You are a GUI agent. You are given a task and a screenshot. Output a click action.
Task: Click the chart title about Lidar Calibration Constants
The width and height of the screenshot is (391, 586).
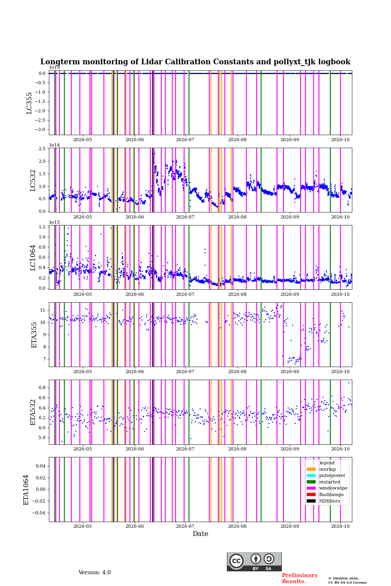click(195, 62)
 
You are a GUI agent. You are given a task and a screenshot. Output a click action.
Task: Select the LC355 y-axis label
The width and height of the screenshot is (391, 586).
click(29, 103)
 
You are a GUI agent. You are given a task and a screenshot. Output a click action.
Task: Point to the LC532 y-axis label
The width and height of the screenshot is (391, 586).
click(33, 181)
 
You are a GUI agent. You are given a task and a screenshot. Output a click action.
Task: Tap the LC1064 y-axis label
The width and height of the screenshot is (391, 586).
click(33, 258)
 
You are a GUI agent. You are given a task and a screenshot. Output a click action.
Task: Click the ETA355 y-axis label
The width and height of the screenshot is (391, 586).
click(34, 335)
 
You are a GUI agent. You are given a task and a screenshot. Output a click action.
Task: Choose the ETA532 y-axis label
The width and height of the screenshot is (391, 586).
click(33, 412)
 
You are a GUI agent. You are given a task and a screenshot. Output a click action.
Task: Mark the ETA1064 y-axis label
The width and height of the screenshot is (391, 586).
click(26, 490)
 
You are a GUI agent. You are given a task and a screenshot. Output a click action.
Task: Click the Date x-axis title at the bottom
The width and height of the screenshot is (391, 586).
click(200, 534)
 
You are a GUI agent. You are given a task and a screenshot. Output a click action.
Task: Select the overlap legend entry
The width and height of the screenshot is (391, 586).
click(321, 469)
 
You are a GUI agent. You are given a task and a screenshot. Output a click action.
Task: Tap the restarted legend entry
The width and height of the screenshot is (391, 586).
click(323, 482)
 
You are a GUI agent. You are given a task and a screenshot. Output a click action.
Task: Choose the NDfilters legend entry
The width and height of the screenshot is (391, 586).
click(323, 501)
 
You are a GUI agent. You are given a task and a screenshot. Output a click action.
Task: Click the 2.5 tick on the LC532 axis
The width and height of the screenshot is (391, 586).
click(42, 149)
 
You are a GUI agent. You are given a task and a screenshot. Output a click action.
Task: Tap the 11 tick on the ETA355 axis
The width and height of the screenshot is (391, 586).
click(42, 310)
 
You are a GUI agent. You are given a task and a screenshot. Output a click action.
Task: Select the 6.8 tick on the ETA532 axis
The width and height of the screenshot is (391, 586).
click(42, 387)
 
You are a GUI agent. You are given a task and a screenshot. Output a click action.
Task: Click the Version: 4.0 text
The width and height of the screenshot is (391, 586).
click(94, 573)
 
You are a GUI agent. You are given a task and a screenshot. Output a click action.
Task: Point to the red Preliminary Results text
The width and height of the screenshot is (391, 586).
click(300, 578)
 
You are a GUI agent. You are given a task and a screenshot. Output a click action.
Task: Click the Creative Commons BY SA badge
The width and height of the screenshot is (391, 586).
click(254, 562)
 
